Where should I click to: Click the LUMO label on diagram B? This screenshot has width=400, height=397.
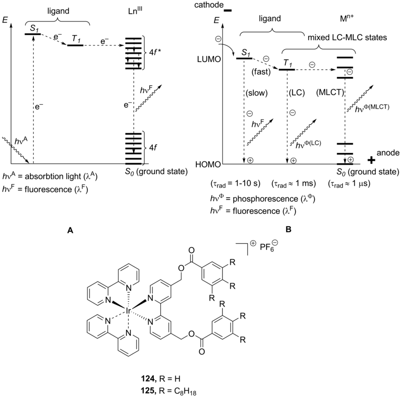click(209, 59)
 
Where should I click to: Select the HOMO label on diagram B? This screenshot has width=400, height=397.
click(208, 164)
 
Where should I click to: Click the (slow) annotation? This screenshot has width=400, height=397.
click(257, 94)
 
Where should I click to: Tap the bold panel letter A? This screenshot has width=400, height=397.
click(70, 231)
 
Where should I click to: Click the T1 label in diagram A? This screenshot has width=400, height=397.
click(75, 39)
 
